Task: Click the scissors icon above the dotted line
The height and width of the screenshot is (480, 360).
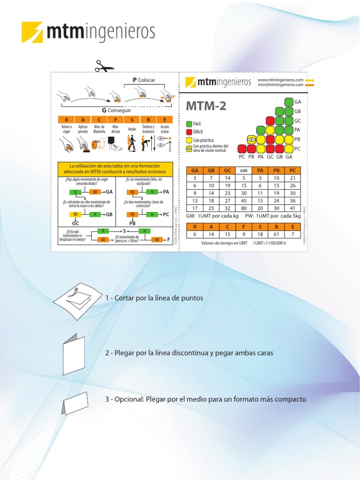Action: tap(104, 67)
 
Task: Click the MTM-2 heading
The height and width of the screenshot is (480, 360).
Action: tap(206, 106)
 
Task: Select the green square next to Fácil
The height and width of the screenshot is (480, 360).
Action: tap(189, 123)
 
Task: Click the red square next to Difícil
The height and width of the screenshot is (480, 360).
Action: tap(189, 132)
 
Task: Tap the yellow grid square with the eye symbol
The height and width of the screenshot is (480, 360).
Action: tap(251, 139)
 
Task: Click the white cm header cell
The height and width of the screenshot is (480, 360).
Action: tap(244, 171)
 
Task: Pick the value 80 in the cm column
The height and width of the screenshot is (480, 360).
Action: tap(244, 208)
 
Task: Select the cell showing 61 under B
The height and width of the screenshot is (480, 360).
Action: tap(277, 234)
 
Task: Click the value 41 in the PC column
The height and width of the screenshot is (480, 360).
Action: tap(292, 208)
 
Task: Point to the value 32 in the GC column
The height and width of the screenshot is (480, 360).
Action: tap(227, 208)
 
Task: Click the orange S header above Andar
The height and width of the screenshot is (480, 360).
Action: tap(132, 120)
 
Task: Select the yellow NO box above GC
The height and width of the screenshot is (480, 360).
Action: tap(75, 214)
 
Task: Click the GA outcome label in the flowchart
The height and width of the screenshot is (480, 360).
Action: tap(109, 192)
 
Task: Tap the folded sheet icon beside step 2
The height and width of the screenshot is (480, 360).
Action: tap(74, 353)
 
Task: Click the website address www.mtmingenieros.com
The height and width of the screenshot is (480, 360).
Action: tap(280, 80)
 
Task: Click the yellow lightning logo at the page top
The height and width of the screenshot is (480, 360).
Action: tap(32, 32)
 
